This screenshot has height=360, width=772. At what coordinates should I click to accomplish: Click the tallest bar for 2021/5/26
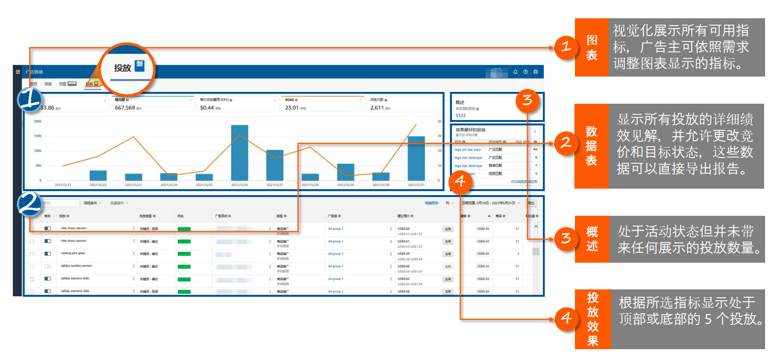[x=240, y=153]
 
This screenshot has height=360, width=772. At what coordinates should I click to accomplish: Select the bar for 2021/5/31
[x=416, y=158]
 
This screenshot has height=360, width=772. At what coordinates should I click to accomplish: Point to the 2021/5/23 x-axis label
[x=133, y=185]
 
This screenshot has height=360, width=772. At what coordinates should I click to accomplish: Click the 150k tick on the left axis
[x=38, y=136]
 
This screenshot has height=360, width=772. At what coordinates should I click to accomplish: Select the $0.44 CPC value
[x=207, y=108]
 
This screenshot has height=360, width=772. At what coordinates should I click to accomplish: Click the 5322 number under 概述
[x=460, y=116]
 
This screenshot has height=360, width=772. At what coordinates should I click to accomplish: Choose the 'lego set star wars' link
[x=467, y=149]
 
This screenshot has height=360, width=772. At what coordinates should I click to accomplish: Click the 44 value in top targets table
[x=535, y=149]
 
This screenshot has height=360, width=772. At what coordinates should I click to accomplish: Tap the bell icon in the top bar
[x=515, y=72]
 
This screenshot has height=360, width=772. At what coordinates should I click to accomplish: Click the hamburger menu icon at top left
[x=18, y=72]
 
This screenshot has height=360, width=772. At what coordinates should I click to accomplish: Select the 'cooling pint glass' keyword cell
[x=73, y=253]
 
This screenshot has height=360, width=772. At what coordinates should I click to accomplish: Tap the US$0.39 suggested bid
[x=404, y=253]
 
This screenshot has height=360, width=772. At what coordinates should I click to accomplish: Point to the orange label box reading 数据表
[x=591, y=146]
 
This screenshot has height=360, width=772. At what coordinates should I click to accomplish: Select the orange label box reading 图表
[x=591, y=47]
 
